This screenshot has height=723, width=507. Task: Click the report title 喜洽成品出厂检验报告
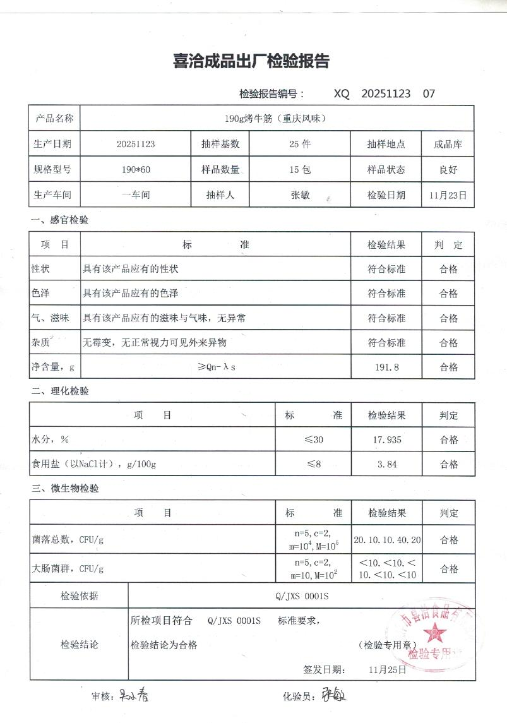point(251,61)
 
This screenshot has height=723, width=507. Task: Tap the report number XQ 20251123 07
point(384,93)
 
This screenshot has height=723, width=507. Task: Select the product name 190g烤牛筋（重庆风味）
point(276,118)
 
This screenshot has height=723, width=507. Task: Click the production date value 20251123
point(136,144)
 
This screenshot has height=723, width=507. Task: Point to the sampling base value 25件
point(299,144)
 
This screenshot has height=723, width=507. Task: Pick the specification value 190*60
point(136,170)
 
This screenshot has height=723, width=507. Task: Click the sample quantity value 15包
point(299,170)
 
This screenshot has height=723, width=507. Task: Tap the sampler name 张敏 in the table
point(299,195)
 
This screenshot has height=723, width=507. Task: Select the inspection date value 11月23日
point(448,195)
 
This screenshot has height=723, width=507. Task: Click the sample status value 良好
point(448,170)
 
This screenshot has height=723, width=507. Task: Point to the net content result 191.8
point(386,367)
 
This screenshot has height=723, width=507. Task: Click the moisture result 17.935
point(386,439)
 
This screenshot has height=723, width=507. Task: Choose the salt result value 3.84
point(386,464)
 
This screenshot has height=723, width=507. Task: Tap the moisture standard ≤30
point(313,439)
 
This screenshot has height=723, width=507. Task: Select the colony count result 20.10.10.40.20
point(387,540)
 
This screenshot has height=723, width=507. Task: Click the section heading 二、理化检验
point(61,391)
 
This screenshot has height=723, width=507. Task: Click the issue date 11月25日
point(387,669)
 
